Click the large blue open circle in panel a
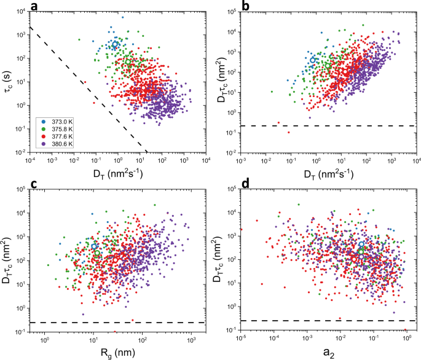[x=115, y=45]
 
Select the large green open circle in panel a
[x=128, y=62]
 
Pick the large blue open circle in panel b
[x=313, y=60]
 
